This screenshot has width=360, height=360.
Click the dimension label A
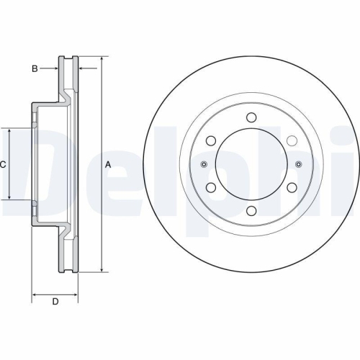108,165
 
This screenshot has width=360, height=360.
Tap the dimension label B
34,68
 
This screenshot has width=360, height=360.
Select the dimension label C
3,165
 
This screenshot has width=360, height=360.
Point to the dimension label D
55,301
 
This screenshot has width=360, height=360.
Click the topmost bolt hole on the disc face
251,118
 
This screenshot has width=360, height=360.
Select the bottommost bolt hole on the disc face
251,211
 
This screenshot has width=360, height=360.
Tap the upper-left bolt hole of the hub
210,141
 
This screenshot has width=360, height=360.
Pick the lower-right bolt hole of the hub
292,188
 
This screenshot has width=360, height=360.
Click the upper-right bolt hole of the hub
292,141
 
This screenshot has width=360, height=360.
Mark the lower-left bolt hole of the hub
210,188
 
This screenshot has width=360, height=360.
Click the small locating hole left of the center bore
204,165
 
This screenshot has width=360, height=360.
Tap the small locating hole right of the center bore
297,165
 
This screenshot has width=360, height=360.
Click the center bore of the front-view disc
251,165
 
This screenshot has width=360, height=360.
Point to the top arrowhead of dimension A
101,60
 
